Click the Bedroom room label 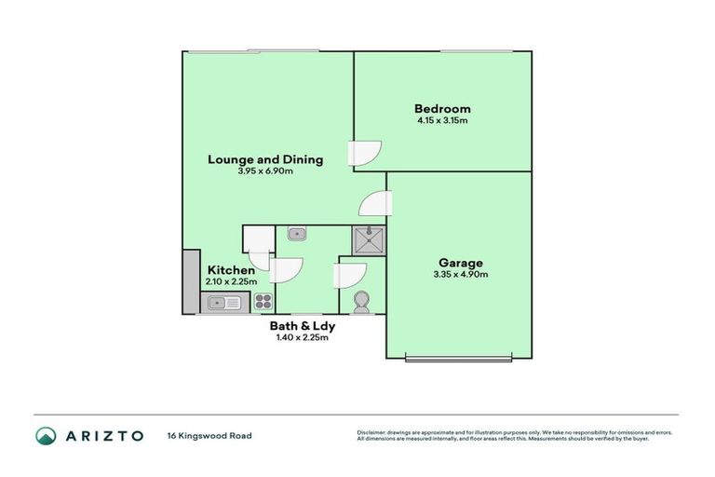pos(442,108)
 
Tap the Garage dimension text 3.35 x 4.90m pos(460,274)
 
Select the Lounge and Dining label pos(264,159)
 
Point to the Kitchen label pos(231,270)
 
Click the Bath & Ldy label pos(302,326)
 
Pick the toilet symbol pos(361,301)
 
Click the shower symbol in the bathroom pos(369,238)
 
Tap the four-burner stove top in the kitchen pos(263,302)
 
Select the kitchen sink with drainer pos(223,302)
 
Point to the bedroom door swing pos(365,155)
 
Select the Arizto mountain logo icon pos(46,435)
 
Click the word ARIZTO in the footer pos(103,435)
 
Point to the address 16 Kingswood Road pos(209,435)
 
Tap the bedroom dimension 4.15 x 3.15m pos(442,120)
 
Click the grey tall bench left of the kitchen pos(191,280)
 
